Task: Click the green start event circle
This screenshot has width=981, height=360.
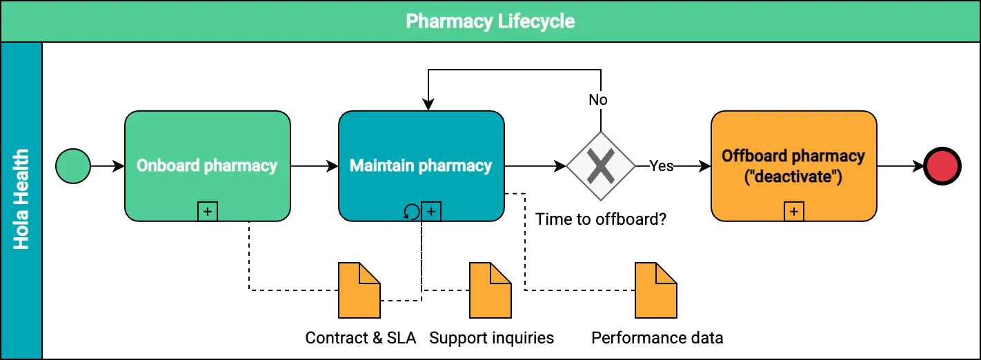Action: point(73,166)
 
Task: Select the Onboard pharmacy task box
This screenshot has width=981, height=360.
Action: point(207,166)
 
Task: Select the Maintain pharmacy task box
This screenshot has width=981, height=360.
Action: point(421,166)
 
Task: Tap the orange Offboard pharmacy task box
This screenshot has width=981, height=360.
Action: point(793,166)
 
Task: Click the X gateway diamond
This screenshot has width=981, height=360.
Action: point(601,166)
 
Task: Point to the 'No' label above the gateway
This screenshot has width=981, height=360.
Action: point(598,100)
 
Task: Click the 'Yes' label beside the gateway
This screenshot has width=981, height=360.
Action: point(661,166)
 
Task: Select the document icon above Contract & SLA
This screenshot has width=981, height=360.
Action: point(359,290)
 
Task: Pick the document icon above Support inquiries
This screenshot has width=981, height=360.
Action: point(490,290)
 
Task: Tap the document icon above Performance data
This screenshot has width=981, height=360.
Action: point(656,290)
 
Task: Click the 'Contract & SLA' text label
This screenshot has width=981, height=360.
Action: point(361,338)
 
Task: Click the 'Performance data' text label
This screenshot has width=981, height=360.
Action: point(657,338)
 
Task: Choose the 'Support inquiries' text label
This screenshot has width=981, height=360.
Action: point(492,338)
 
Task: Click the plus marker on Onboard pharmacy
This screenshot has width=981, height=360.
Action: point(208,212)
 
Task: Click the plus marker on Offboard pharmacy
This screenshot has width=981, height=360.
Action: point(794,212)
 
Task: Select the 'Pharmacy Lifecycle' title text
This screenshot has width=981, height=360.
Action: point(490,21)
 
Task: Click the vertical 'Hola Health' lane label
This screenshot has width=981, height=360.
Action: point(21,200)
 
